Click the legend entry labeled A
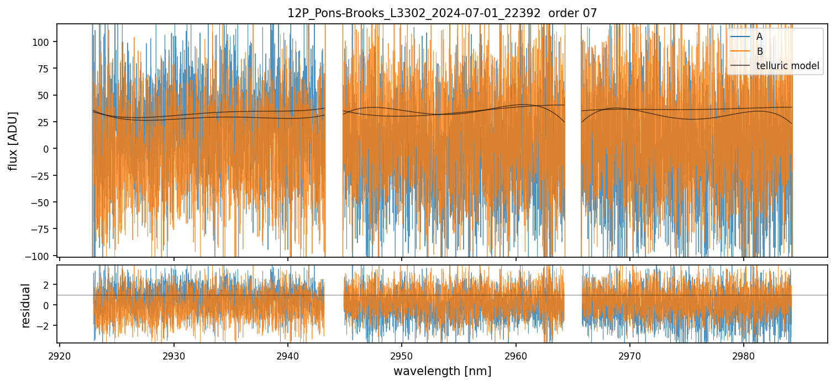click(x=759, y=37)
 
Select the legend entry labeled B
click(x=759, y=51)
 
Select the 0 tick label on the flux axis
click(x=49, y=149)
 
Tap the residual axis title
click(x=25, y=305)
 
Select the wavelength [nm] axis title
click(x=442, y=371)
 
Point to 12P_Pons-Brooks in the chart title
click(x=328, y=13)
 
